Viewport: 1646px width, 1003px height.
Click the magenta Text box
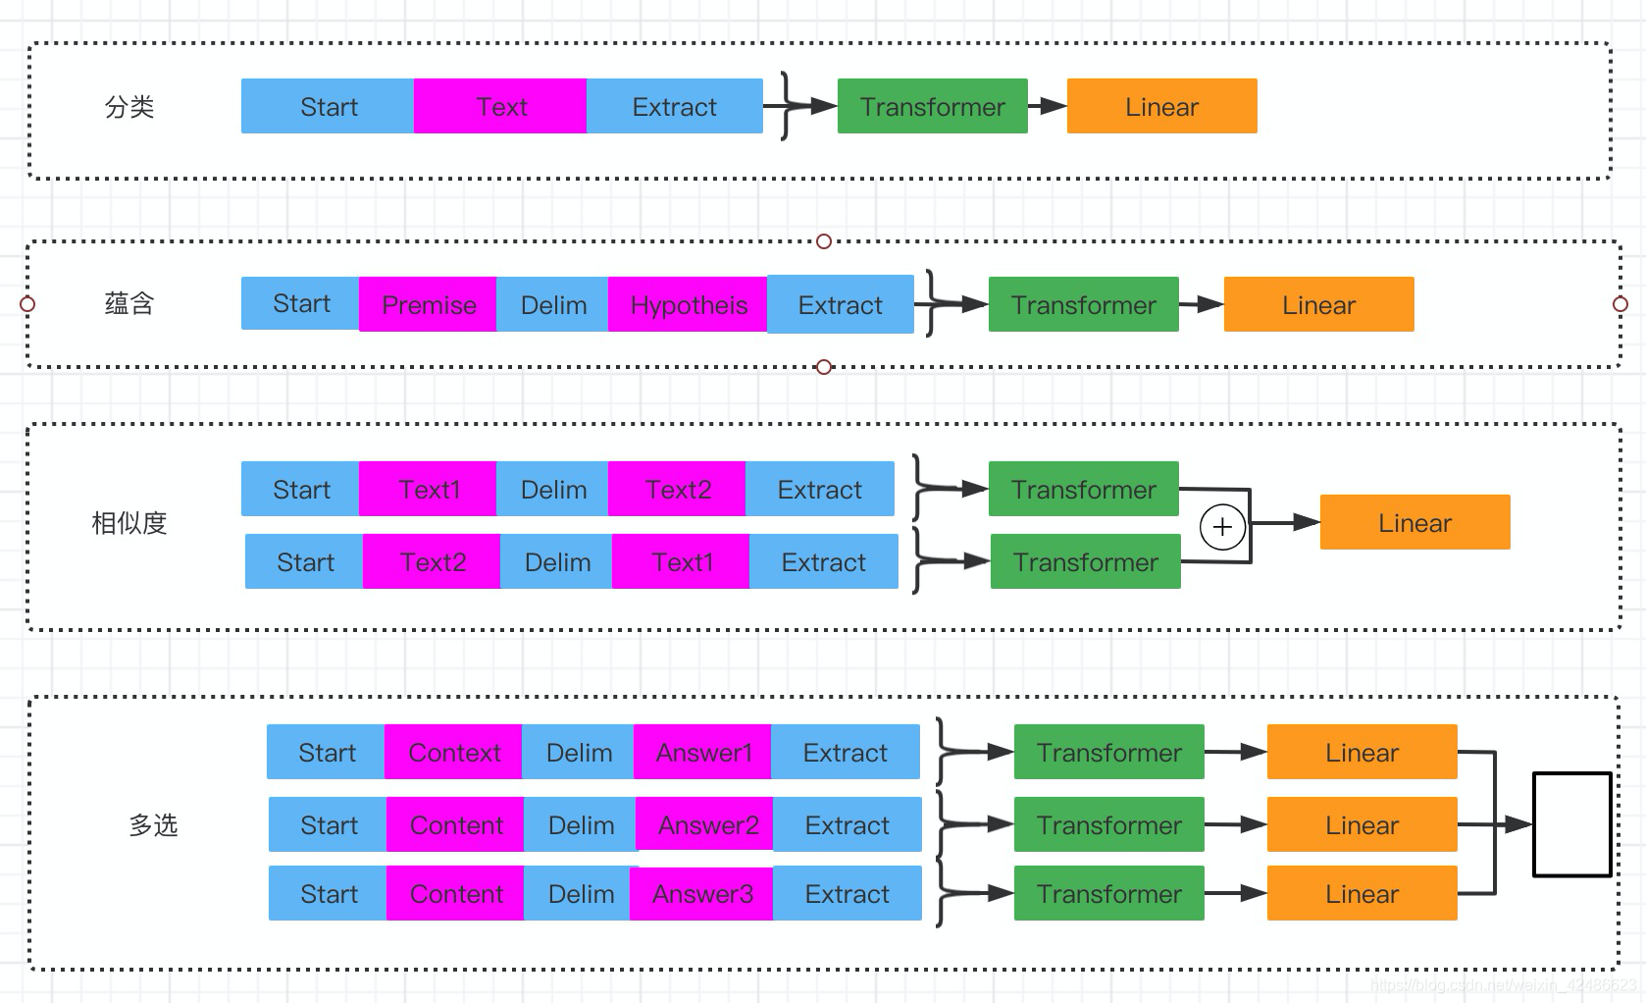tap(500, 106)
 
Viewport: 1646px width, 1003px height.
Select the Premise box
tap(428, 304)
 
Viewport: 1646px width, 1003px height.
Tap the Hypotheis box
tap(688, 304)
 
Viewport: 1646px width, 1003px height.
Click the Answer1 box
tap(702, 752)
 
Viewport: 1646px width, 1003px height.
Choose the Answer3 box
tap(701, 893)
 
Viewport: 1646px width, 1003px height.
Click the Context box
tap(453, 752)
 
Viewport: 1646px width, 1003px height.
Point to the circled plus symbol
tap(1222, 526)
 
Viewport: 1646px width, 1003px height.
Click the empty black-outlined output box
tap(1571, 824)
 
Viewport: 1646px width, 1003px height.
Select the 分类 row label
tap(129, 106)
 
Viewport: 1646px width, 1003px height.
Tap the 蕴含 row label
tap(129, 303)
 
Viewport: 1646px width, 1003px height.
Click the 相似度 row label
tap(129, 523)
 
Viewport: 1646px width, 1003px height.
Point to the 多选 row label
tap(153, 824)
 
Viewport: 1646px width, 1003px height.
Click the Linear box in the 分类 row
tap(1161, 106)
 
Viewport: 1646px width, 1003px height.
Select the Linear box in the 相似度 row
tap(1415, 522)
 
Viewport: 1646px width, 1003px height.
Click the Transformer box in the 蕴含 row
tap(1083, 304)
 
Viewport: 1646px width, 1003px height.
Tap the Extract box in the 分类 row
tap(674, 106)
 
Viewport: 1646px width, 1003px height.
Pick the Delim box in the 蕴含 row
tap(553, 304)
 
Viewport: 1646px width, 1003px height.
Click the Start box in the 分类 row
tap(328, 106)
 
